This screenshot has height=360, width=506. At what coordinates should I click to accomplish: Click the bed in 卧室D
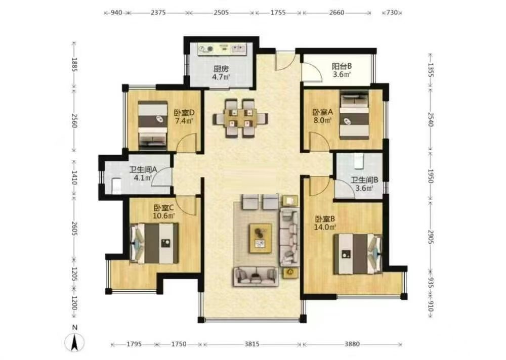tap(153, 125)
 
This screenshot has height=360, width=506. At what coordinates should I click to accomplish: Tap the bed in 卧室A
tap(353, 115)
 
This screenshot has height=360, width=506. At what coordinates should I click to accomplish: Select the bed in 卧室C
tap(154, 243)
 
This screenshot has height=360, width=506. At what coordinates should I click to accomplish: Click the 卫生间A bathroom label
tap(142, 170)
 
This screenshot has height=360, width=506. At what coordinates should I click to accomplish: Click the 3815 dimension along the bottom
tap(251, 344)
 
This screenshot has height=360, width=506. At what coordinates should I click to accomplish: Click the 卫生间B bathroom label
tap(363, 180)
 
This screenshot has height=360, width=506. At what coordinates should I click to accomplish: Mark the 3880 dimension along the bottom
tap(353, 344)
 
